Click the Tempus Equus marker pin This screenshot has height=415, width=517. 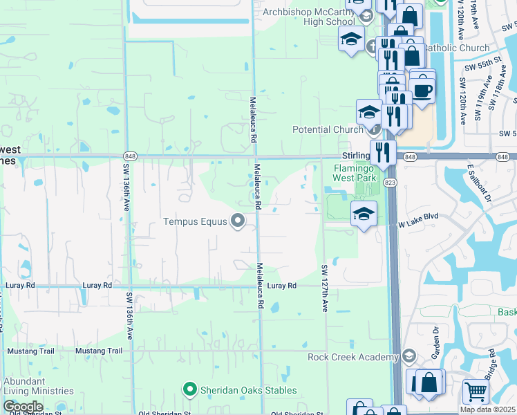(238, 221)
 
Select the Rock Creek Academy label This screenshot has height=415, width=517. (353, 357)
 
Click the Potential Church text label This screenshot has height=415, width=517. (328, 129)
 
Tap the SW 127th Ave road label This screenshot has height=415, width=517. (323, 287)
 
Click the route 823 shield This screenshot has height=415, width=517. (391, 182)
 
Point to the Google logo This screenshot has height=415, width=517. (23, 407)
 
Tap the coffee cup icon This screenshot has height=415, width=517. (422, 89)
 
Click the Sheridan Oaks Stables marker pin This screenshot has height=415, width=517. (189, 390)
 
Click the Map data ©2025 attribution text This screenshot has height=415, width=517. (488, 409)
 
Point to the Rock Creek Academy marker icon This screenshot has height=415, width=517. (408, 357)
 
